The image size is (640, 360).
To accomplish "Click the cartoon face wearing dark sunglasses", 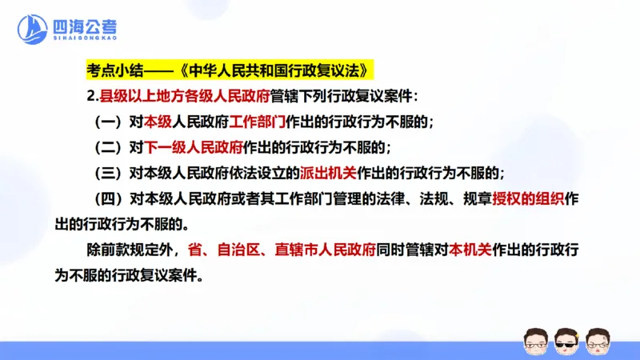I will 566,341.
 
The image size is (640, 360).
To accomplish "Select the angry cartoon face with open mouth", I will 597,341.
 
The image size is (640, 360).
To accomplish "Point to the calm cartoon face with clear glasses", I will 534,341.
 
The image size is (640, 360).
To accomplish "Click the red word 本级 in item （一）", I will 158,122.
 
